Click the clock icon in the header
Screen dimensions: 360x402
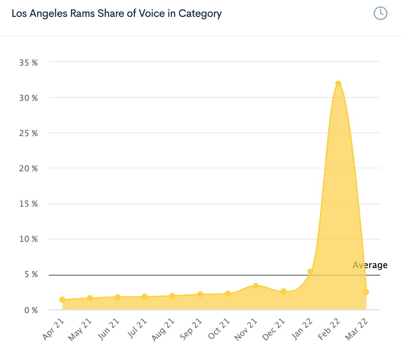[380, 13]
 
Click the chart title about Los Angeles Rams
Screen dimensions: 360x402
[117, 14]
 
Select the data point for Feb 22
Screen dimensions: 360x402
[338, 84]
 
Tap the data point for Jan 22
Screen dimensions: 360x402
[310, 271]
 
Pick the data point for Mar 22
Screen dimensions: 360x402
[366, 292]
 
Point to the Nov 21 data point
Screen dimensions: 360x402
[256, 286]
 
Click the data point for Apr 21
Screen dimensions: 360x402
[62, 300]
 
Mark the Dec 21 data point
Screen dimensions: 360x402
[283, 291]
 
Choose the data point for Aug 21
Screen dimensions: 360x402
[172, 296]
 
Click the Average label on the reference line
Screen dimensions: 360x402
[370, 265]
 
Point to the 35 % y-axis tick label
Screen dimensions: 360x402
[28, 63]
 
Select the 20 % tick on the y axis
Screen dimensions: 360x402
[28, 169]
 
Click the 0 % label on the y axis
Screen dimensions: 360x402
[31, 310]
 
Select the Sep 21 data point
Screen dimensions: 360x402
[200, 294]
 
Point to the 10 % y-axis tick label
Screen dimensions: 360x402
[28, 239]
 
